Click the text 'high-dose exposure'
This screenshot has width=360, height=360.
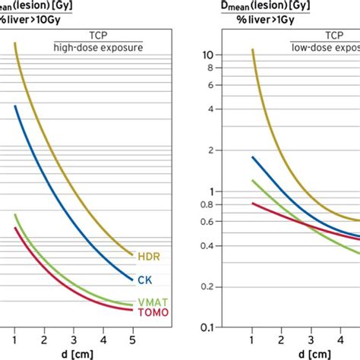tap(98, 48)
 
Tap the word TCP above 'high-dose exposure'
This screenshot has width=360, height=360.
tap(98, 36)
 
